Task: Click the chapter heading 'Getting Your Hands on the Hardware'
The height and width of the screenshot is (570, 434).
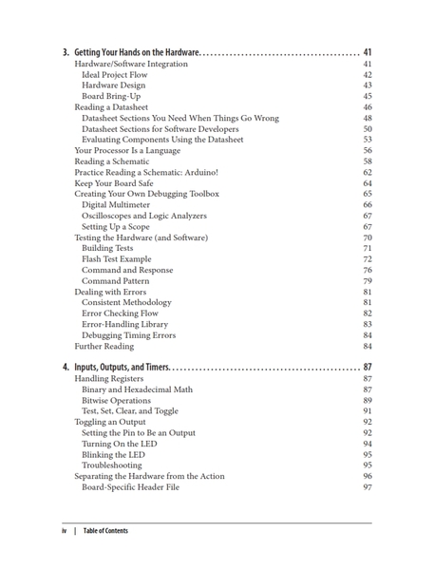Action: point(135,51)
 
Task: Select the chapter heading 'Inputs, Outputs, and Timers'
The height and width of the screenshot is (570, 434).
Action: point(122,367)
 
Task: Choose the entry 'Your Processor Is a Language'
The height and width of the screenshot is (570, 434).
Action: point(126,150)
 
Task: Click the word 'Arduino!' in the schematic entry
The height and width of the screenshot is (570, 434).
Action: point(199,172)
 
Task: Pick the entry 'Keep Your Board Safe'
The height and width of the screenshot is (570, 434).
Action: point(116,183)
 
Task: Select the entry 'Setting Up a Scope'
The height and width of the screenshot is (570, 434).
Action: point(119,226)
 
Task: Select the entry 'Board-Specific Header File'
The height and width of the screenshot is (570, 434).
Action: point(131,486)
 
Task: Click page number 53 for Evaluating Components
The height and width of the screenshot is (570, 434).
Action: point(367,140)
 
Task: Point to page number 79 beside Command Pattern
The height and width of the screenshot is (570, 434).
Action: point(367,280)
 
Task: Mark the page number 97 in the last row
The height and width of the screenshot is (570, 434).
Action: point(367,486)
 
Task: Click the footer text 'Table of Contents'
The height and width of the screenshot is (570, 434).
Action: point(105,531)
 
